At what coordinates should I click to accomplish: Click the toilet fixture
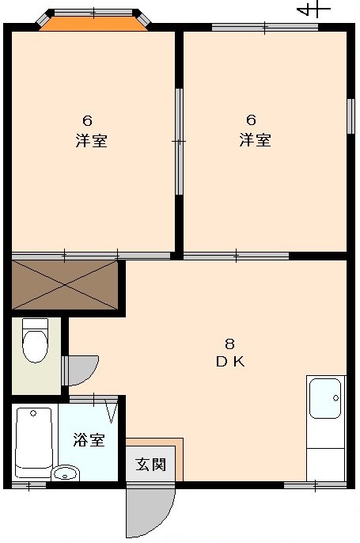[35, 340]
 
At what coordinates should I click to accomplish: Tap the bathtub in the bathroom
[34, 442]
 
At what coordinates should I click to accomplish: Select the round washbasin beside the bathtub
[66, 473]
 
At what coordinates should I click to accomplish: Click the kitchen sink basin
[325, 398]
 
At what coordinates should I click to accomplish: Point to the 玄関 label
[150, 465]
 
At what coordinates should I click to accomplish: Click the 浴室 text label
[89, 439]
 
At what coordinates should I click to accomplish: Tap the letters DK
[230, 362]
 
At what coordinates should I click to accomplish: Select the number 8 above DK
[229, 344]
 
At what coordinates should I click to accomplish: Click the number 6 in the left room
[88, 121]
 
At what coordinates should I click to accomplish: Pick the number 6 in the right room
[252, 120]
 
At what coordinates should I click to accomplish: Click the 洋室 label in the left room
[92, 141]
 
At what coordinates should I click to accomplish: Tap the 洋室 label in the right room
[255, 139]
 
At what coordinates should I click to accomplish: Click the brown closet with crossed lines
[65, 285]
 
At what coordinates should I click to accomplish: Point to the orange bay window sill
[93, 24]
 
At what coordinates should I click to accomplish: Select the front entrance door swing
[150, 510]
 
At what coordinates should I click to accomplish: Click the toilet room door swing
[81, 370]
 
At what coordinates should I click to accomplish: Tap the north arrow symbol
[313, 10]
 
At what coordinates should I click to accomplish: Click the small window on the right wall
[351, 116]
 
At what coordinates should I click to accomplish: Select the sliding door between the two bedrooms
[179, 142]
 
